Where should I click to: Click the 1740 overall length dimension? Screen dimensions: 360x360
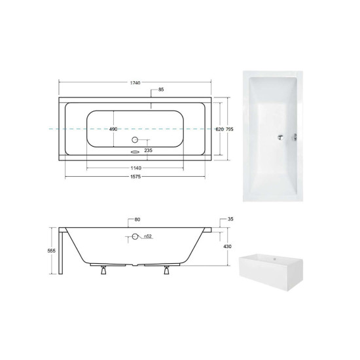pos(135,83)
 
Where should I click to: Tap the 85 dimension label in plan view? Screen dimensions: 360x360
pos(161,90)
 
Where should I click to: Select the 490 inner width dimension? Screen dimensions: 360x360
pos(113,129)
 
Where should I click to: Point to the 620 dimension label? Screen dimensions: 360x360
pos(219,129)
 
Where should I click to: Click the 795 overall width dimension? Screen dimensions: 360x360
pos(229,129)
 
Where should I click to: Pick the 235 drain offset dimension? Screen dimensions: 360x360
pos(149,151)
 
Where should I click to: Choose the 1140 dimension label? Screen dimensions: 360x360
pos(136,168)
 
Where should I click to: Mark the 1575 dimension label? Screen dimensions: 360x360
pos(135,177)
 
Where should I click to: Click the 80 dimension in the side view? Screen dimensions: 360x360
pos(137,219)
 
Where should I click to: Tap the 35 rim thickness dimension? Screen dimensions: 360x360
pos(230,219)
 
